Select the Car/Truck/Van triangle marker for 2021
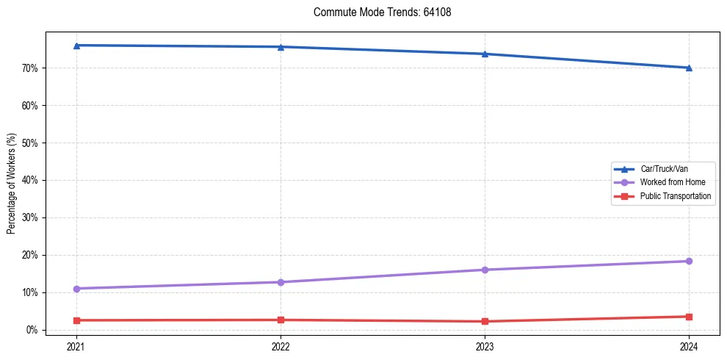coord(77,46)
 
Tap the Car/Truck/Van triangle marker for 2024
coord(689,68)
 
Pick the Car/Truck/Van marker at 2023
coord(485,54)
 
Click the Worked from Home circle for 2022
coord(281,282)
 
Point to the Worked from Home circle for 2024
coord(689,261)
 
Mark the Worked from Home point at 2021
coord(77,289)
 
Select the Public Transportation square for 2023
coord(485,321)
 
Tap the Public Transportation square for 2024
coord(689,317)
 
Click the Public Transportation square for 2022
coord(281,320)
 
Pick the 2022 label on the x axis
coord(281,345)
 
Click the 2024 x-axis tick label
coord(689,345)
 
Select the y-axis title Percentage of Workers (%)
coord(11,184)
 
